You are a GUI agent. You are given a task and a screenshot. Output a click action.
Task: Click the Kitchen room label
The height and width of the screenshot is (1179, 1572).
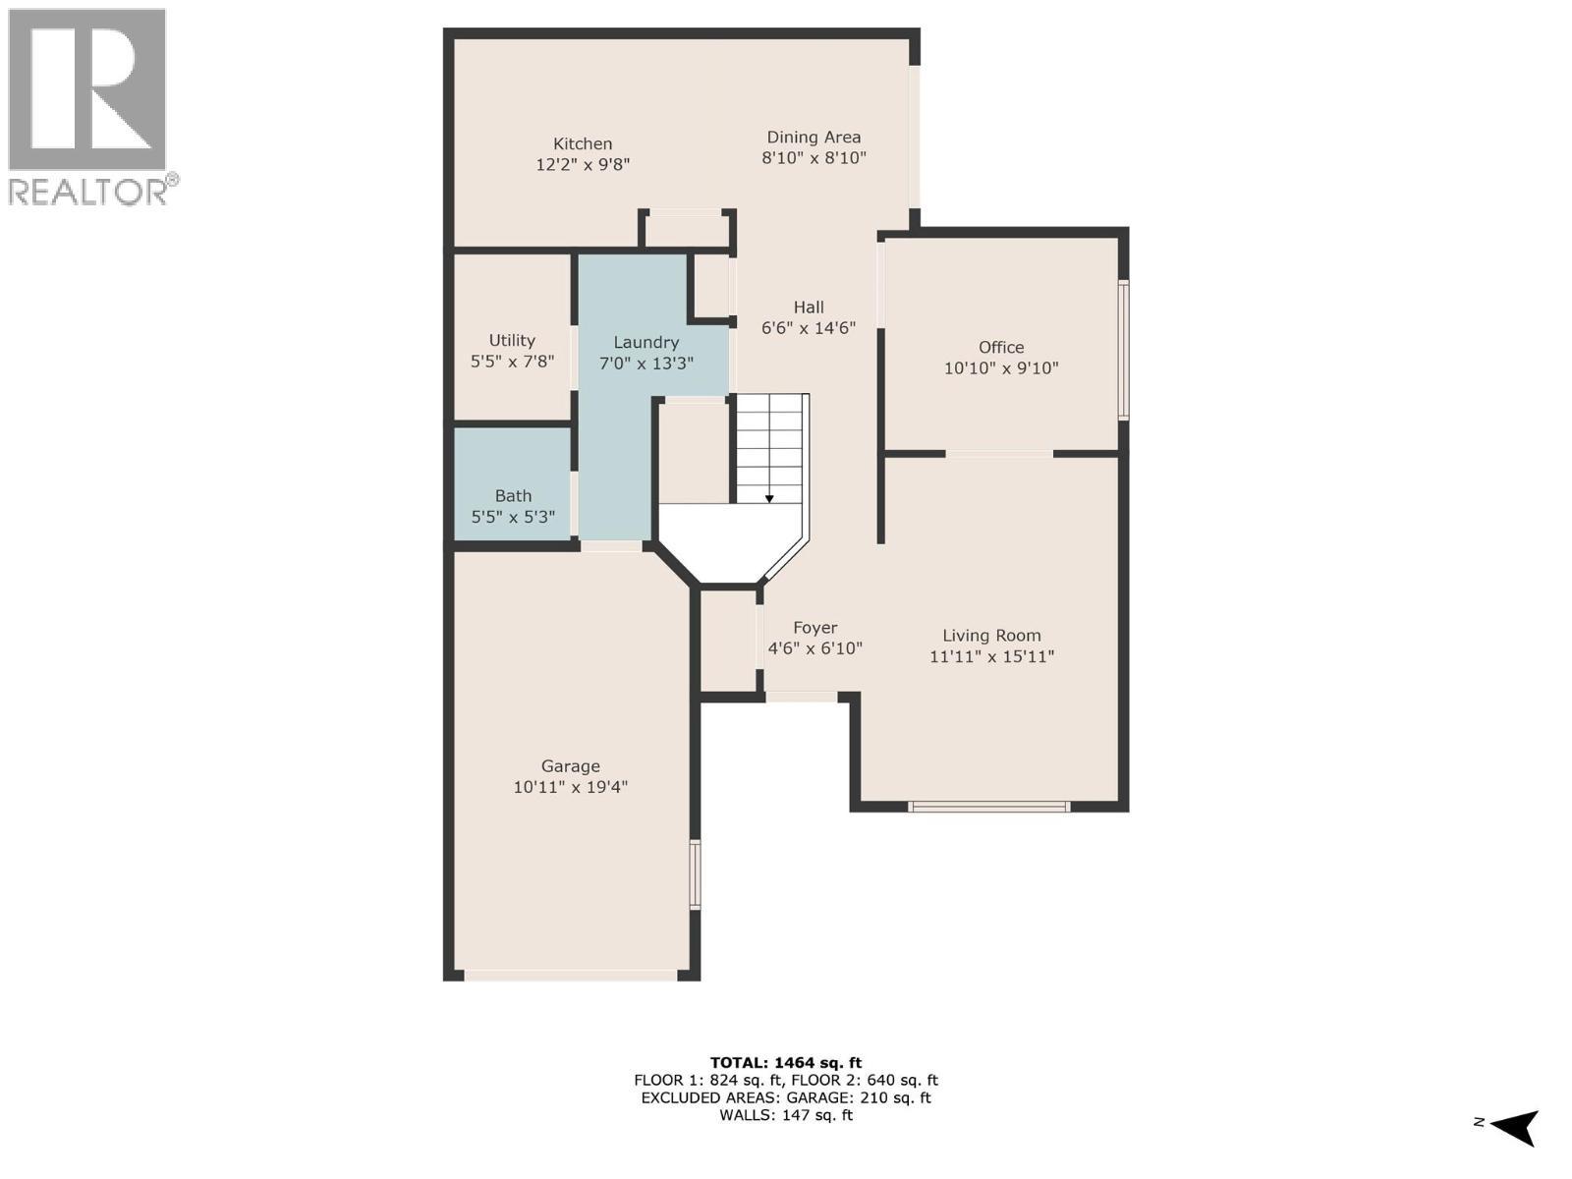tap(582, 143)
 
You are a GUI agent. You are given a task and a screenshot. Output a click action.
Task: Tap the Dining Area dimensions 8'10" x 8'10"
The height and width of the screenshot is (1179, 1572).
tap(814, 158)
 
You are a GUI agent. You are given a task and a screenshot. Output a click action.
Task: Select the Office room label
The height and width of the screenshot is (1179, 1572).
tap(1000, 347)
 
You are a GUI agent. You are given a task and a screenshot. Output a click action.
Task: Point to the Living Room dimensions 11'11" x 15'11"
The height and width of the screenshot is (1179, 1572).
tap(991, 656)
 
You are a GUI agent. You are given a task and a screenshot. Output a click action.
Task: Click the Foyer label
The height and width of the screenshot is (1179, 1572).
tap(814, 628)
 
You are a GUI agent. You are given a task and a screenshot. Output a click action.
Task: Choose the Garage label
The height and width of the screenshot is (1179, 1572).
tap(570, 766)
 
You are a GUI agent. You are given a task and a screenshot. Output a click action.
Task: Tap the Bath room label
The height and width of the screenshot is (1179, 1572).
tap(513, 496)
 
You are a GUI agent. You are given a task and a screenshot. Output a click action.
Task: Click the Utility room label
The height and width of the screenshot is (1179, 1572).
tap(512, 340)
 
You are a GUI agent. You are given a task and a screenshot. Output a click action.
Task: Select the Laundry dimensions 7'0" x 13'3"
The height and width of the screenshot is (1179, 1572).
tap(646, 363)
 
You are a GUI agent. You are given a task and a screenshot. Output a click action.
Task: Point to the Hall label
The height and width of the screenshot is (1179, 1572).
tap(809, 308)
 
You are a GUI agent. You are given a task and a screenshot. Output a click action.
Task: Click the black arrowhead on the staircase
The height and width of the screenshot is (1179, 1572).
tap(769, 499)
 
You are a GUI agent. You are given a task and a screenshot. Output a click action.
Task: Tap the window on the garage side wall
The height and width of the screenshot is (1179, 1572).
tap(695, 873)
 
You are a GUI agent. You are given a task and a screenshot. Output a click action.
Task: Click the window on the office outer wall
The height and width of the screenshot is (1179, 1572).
tap(1123, 350)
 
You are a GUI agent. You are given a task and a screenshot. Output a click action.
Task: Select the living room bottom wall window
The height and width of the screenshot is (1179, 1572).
tap(988, 807)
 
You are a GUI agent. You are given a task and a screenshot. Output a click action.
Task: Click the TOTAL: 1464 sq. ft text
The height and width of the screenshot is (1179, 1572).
tap(785, 1062)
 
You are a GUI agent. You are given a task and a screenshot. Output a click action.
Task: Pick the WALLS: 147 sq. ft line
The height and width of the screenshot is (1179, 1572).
tap(785, 1115)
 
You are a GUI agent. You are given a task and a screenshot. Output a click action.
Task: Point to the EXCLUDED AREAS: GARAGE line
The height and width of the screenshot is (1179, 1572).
tap(785, 1097)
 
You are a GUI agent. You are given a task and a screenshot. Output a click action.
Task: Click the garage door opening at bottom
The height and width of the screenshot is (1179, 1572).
tap(570, 976)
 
